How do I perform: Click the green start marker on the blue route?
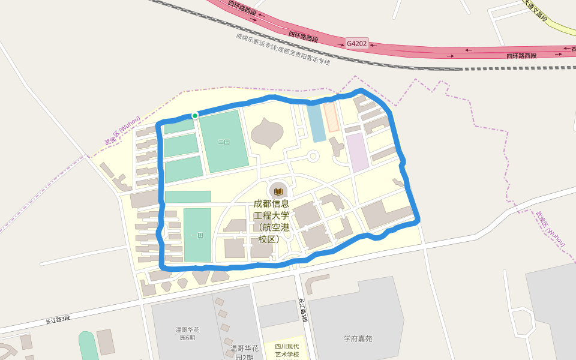click(195, 115)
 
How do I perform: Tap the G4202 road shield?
click(356, 44)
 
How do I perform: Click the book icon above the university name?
click(278, 191)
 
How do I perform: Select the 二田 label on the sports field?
click(224, 142)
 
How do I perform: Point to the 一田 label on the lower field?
click(197, 235)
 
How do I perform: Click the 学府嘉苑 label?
click(358, 338)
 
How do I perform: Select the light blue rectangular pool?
click(316, 123)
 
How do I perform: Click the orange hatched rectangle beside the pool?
click(331, 117)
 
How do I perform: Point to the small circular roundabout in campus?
click(313, 157)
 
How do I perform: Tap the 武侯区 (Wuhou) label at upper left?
click(122, 130)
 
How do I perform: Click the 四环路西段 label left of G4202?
click(303, 37)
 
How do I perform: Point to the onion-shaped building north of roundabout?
click(266, 133)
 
